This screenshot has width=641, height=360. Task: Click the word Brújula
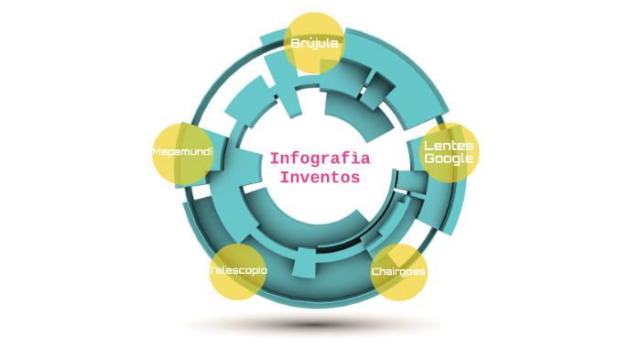tap(314, 43)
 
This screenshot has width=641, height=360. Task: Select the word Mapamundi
tap(182, 151)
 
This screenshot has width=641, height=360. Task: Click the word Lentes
tap(449, 146)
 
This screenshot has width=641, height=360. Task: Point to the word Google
tap(449, 158)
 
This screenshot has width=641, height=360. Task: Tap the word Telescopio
tap(238, 271)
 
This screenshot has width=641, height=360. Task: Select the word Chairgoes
tap(398, 272)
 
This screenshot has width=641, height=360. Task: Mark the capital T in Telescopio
tap(212, 271)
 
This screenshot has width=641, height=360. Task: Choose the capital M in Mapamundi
tap(157, 151)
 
